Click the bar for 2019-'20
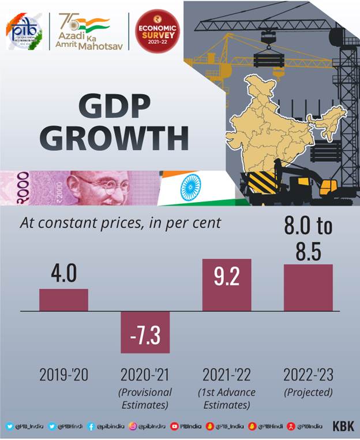(x=63, y=300)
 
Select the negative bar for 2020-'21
(x=145, y=332)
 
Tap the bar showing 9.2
(x=226, y=285)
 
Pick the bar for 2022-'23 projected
(x=308, y=288)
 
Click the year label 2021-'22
(x=226, y=375)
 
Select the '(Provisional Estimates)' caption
(x=145, y=398)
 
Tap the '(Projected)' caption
(x=308, y=392)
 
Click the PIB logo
(x=24, y=31)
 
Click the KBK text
(x=343, y=427)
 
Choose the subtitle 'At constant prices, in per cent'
(x=121, y=222)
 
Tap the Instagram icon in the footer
(x=134, y=427)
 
